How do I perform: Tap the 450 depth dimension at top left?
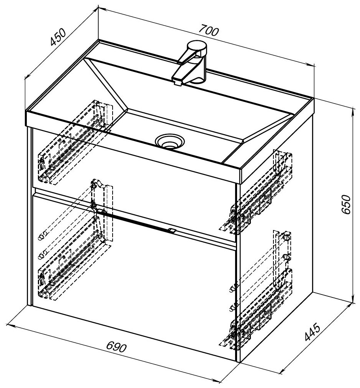(x=59, y=37)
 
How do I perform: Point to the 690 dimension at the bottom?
(x=117, y=347)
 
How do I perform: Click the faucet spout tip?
(x=177, y=82)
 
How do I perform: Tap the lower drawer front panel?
(x=134, y=284)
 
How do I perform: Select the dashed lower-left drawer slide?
(x=69, y=268)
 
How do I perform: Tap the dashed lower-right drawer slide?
(x=260, y=311)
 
